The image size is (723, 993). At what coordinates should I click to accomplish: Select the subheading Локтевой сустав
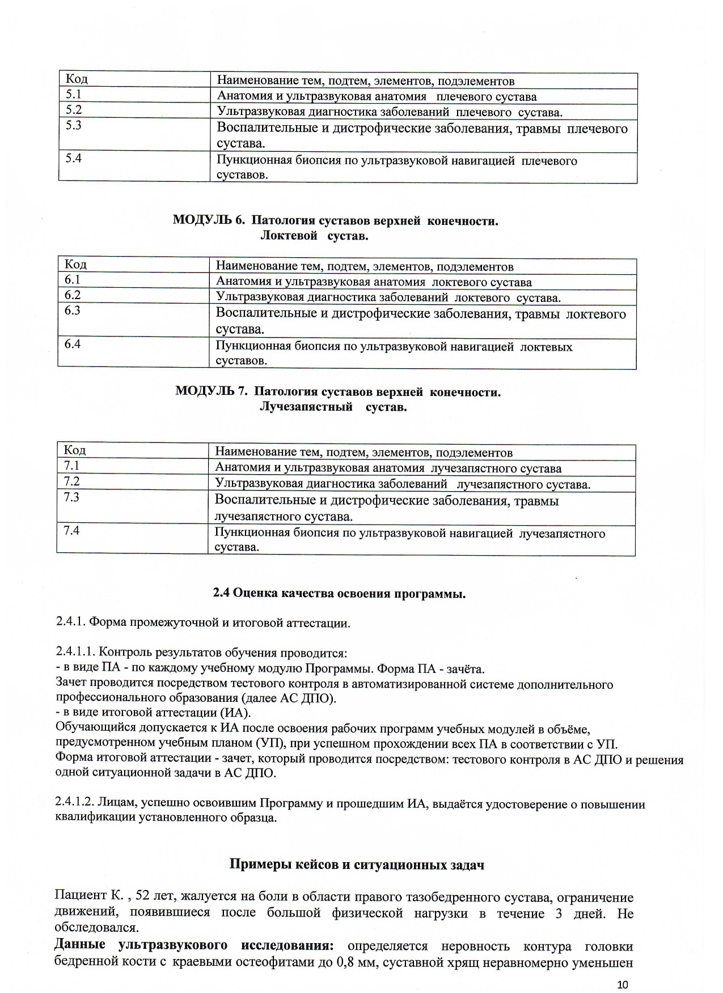click(314, 236)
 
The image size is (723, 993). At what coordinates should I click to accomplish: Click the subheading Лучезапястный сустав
click(333, 407)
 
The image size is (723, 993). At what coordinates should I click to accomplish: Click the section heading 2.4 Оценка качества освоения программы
click(339, 594)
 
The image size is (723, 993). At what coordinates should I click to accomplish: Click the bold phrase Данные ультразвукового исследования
click(193, 945)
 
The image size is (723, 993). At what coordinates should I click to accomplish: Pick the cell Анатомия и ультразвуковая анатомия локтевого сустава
click(374, 282)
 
